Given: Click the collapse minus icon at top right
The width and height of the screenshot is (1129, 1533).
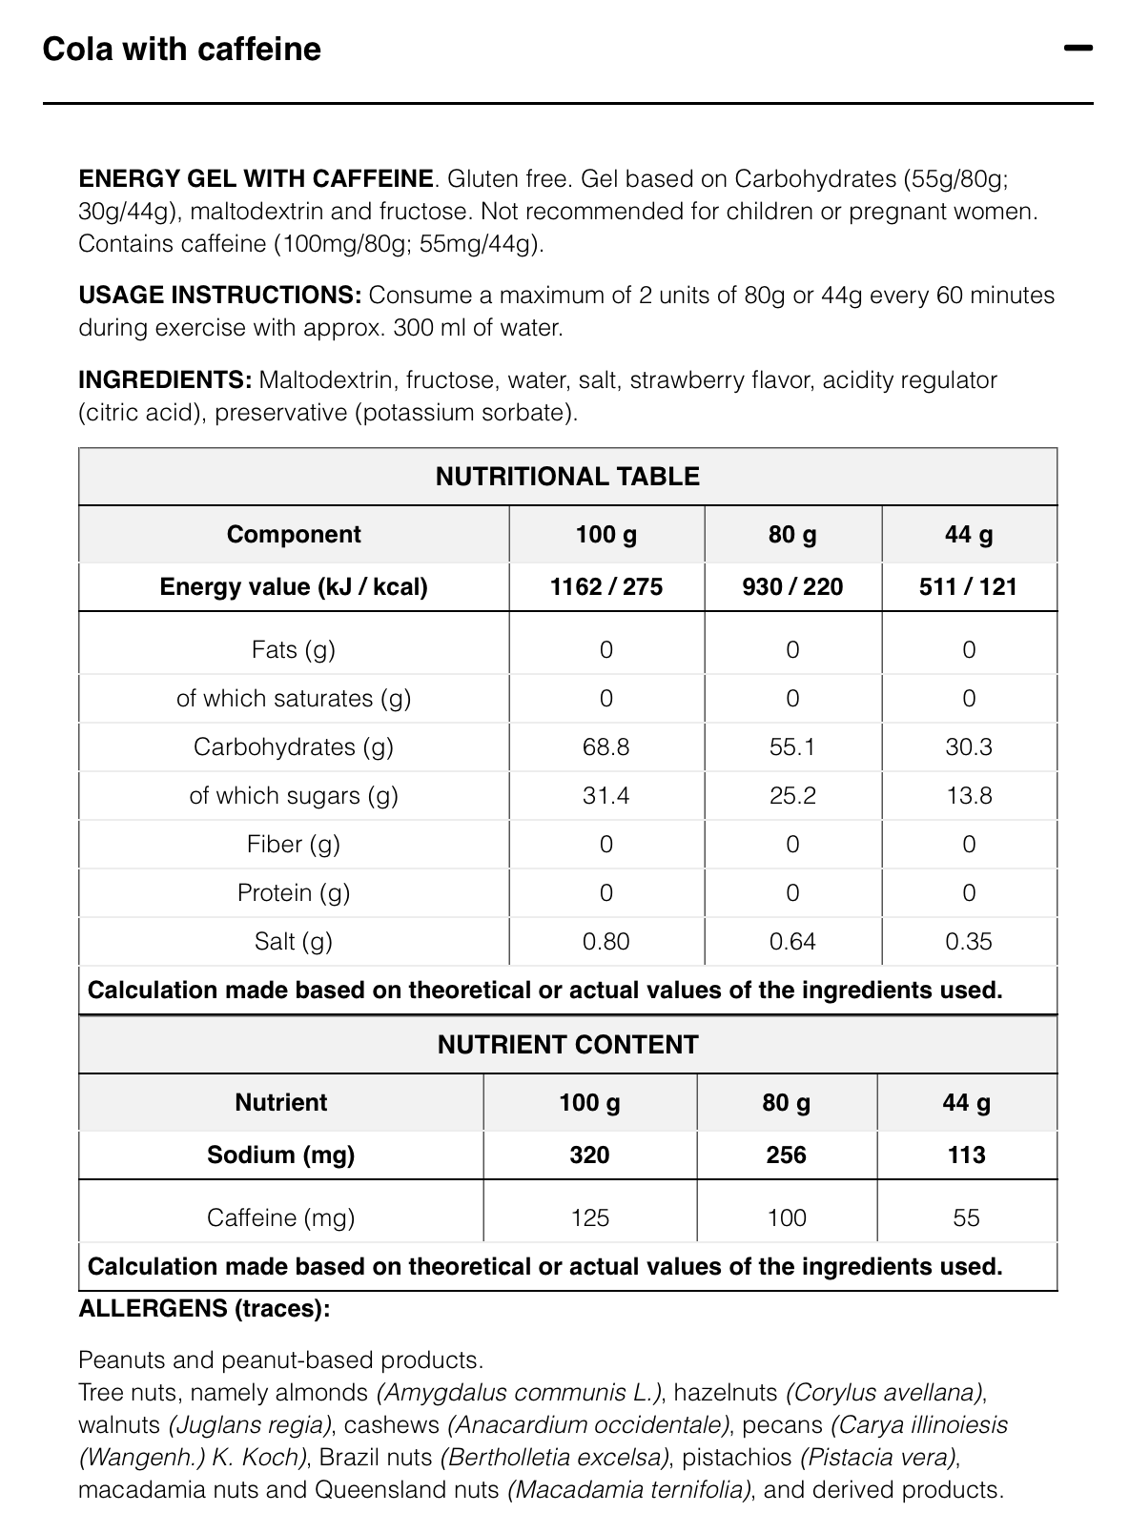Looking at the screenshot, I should [x=1078, y=49].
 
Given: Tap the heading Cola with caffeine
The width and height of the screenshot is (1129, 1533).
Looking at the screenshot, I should [x=182, y=50].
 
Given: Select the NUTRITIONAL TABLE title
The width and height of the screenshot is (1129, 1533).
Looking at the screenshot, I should [x=567, y=477].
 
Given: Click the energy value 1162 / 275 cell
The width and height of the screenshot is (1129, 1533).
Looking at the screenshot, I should [x=606, y=586].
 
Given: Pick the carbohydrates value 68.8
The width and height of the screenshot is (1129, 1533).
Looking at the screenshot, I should [x=606, y=746].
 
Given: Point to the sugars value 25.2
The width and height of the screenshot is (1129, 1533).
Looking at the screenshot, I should [x=792, y=795].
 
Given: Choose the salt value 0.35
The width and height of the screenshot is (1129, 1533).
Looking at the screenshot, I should [x=969, y=941].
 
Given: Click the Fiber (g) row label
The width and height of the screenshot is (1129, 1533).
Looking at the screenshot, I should [x=294, y=844].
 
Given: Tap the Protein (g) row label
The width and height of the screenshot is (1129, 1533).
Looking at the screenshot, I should [x=294, y=892].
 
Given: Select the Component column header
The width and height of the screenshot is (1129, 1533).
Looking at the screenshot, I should [x=294, y=534].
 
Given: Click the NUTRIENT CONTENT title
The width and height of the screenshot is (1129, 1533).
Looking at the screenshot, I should [x=567, y=1045].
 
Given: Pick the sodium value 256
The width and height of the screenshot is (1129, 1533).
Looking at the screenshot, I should [x=786, y=1155].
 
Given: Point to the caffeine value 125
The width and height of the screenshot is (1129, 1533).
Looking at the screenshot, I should [x=589, y=1217].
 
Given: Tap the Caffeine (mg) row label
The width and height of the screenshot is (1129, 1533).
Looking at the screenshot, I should [x=280, y=1217].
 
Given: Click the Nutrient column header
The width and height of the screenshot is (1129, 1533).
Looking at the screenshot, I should [x=280, y=1102].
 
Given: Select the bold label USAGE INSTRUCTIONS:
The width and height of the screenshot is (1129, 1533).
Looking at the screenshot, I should [x=219, y=296].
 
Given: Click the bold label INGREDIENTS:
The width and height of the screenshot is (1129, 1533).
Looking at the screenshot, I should [x=165, y=380].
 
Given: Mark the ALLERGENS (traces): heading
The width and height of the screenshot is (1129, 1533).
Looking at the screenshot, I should [x=204, y=1308].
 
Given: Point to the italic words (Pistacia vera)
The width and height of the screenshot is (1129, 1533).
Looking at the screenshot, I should [x=877, y=1457].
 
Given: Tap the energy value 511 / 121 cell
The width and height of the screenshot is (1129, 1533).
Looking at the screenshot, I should [x=968, y=586].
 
